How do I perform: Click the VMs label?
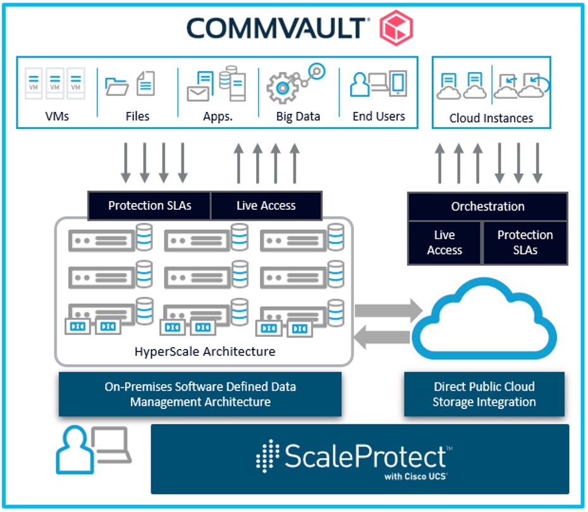pyautogui.click(x=57, y=116)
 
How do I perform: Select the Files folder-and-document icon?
pyautogui.click(x=130, y=84)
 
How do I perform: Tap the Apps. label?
pyautogui.click(x=217, y=116)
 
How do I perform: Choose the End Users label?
pyautogui.click(x=378, y=116)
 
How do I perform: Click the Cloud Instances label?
pyautogui.click(x=491, y=118)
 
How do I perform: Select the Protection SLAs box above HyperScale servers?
pyautogui.click(x=149, y=205)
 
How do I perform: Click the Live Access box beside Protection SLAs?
pyautogui.click(x=266, y=205)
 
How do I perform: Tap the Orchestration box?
pyautogui.click(x=487, y=207)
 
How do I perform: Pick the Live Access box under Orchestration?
pyautogui.click(x=444, y=243)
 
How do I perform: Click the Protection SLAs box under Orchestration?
pyautogui.click(x=525, y=243)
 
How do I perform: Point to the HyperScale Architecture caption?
pyautogui.click(x=205, y=351)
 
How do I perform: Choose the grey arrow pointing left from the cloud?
pyautogui.click(x=383, y=339)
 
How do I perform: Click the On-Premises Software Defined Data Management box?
pyautogui.click(x=200, y=394)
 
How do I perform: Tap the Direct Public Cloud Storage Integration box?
pyautogui.click(x=484, y=394)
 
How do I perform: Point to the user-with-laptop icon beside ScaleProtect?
pyautogui.click(x=93, y=450)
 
